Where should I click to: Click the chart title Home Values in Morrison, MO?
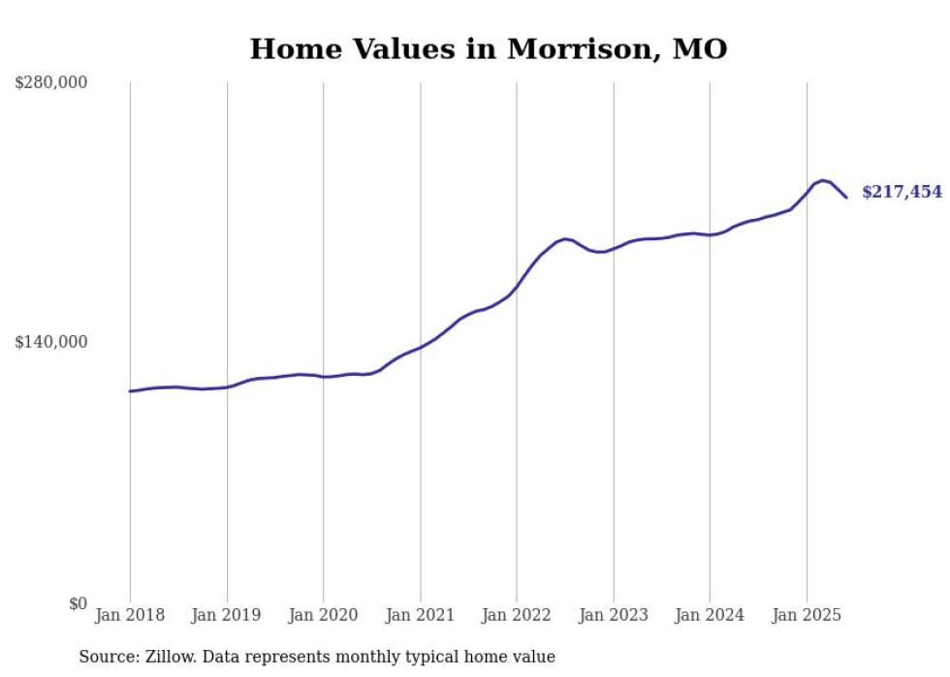[x=488, y=48]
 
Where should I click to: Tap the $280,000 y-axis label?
[x=50, y=83]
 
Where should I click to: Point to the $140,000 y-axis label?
[x=50, y=342]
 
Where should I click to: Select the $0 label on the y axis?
[x=78, y=603]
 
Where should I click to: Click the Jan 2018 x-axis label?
[x=130, y=615]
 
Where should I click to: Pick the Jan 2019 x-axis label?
[x=227, y=615]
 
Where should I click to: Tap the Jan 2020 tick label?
[x=324, y=615]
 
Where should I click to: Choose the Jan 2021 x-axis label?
[x=420, y=615]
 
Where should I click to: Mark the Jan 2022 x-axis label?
[x=517, y=615]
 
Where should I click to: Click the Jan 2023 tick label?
[x=614, y=615]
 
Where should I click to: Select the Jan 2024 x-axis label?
[x=710, y=615]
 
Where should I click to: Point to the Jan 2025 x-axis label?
[x=807, y=615]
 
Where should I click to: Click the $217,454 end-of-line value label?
[x=902, y=192]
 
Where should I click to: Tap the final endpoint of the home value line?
[x=846, y=198]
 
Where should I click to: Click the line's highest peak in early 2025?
[x=822, y=180]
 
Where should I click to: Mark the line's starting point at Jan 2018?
[x=130, y=391]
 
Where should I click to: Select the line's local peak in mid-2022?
[x=565, y=238]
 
